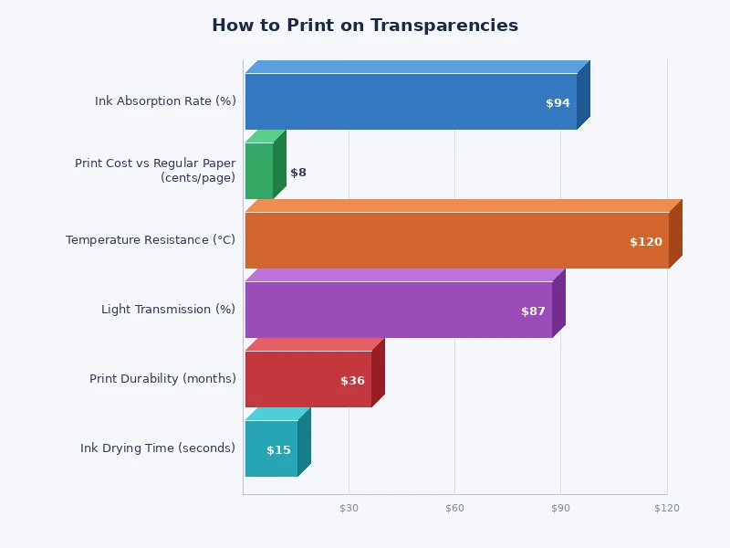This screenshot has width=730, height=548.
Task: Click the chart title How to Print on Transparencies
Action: (x=365, y=26)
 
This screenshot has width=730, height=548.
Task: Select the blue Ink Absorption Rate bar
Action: (x=411, y=101)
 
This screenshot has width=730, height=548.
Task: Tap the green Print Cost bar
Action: (x=259, y=171)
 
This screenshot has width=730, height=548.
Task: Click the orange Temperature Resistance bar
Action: (x=456, y=240)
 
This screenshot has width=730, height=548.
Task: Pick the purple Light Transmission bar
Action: (x=399, y=310)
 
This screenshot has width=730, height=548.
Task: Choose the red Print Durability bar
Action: (x=308, y=379)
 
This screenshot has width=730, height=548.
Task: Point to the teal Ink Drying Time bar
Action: (x=271, y=448)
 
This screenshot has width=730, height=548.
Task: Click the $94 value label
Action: (x=558, y=103)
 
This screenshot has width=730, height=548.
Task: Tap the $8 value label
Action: (x=298, y=173)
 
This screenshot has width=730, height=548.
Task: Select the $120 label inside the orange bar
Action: (x=646, y=242)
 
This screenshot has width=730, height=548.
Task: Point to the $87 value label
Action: (x=533, y=311)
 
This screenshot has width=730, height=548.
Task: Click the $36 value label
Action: (x=352, y=381)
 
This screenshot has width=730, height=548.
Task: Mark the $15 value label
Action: (x=278, y=450)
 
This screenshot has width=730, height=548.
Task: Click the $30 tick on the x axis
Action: (x=349, y=508)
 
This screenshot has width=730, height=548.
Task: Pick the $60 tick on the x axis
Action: (x=454, y=508)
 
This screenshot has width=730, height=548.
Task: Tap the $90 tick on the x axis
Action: (x=560, y=508)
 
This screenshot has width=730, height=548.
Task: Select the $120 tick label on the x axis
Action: (x=666, y=508)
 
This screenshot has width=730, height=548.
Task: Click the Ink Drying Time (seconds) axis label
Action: (x=158, y=448)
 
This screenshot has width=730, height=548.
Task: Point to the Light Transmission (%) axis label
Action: (x=168, y=310)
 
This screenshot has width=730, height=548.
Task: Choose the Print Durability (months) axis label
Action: (x=162, y=379)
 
